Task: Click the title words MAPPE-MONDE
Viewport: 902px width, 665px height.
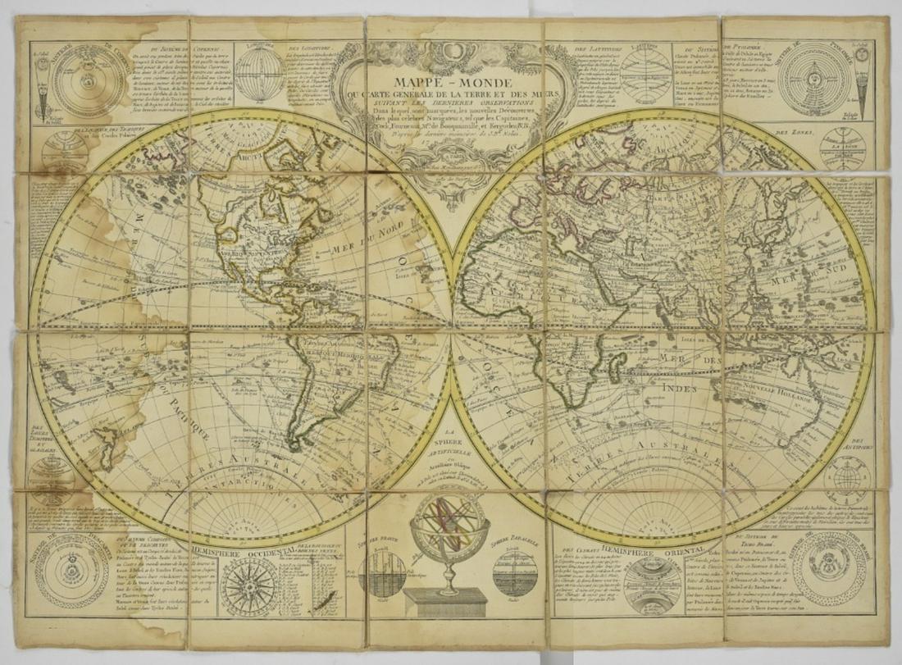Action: pos(453,83)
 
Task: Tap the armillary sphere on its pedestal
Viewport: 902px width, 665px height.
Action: pos(450,545)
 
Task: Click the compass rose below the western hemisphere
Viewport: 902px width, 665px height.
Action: pos(250,587)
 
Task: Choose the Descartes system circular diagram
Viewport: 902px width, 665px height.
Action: pos(71,571)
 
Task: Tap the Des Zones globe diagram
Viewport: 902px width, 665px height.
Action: pos(844,148)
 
